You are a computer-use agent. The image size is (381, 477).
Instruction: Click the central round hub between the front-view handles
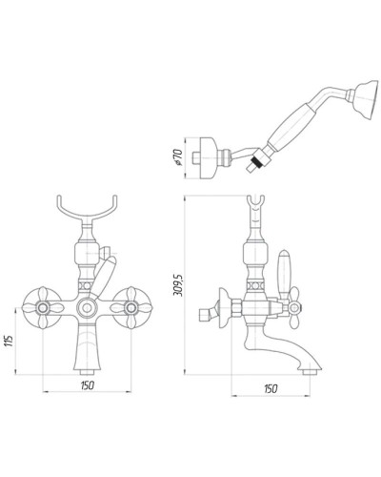(x=89, y=309)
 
